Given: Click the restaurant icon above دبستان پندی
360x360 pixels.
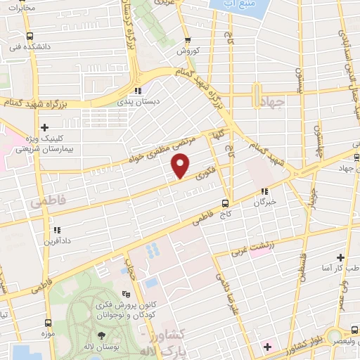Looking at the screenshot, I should pos(139,91).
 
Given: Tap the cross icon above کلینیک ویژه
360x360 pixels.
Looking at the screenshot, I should pos(45,127).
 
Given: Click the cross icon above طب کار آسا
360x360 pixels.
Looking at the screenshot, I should pos(341,258).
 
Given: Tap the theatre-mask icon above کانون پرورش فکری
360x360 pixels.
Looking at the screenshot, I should pos(126,295).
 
